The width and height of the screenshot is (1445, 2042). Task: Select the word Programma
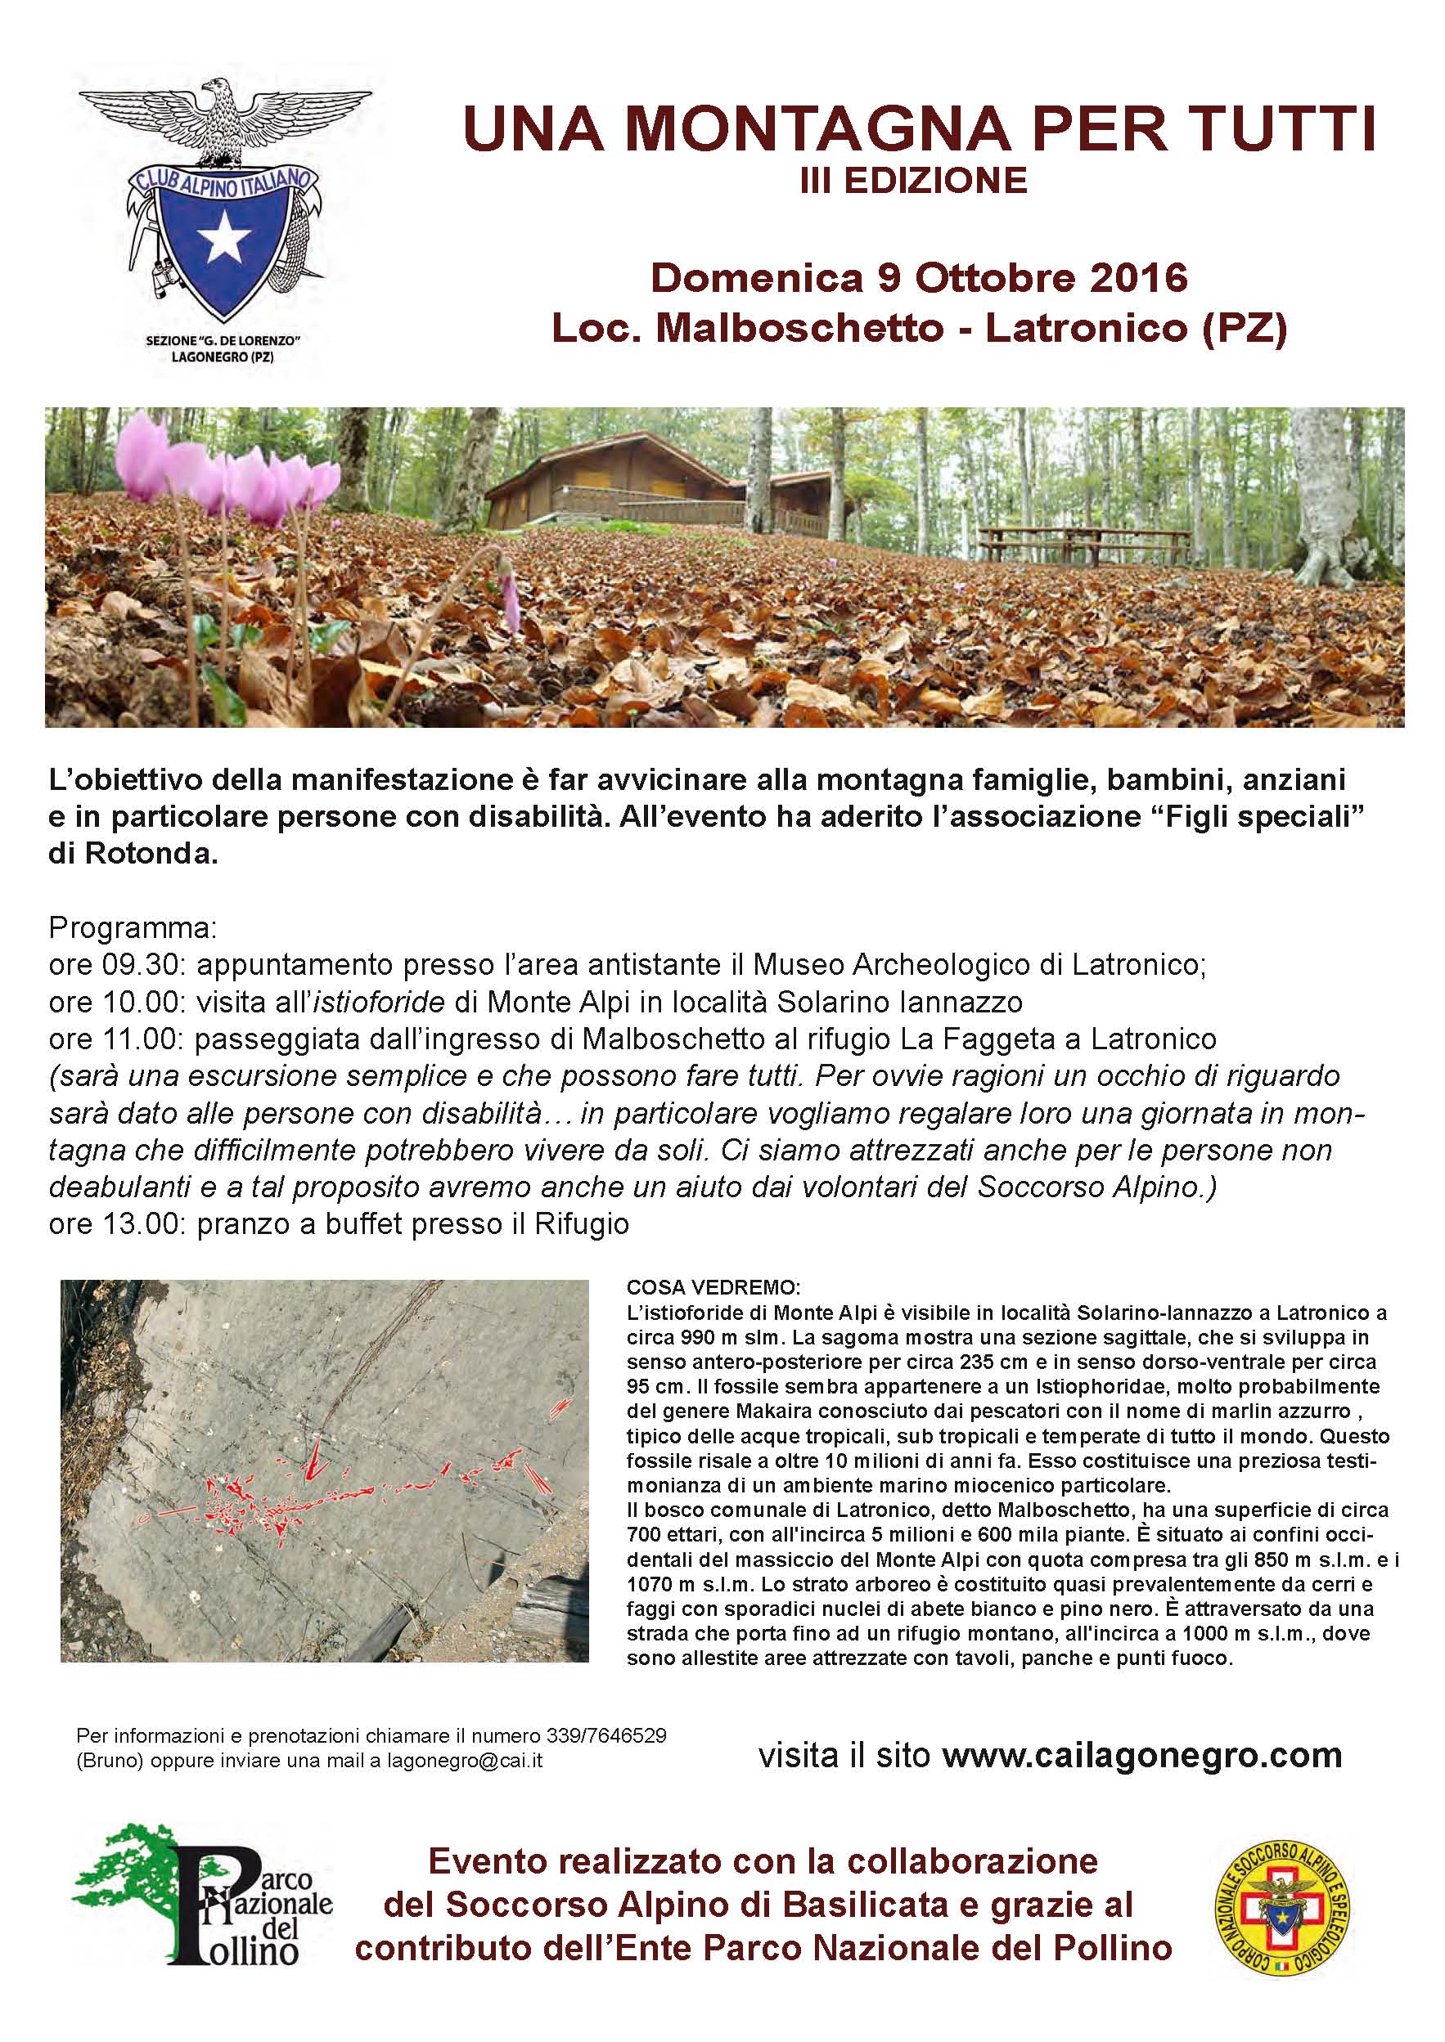pos(133,927)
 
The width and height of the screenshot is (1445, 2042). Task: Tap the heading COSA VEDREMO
pos(713,1287)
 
